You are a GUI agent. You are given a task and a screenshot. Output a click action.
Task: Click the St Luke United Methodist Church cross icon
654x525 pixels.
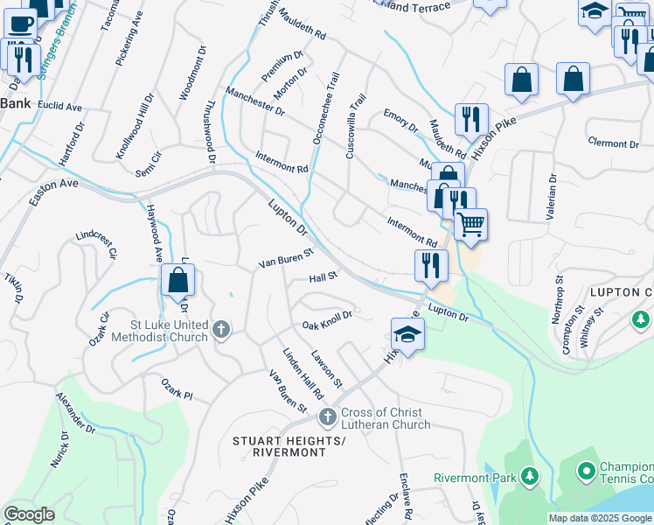coord(222,329)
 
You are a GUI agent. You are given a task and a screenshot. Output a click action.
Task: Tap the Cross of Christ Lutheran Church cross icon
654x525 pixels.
coord(328,416)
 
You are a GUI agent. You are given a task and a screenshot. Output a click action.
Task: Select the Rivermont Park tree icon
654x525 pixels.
coord(528,476)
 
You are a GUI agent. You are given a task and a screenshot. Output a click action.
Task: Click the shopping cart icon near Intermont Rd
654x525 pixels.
coord(470,225)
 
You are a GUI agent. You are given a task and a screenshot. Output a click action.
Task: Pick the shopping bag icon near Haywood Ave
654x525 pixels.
coord(178,281)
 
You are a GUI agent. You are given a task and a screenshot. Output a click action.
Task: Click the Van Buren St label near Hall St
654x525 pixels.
coord(286,260)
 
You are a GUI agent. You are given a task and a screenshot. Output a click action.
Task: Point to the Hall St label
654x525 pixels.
coord(323,277)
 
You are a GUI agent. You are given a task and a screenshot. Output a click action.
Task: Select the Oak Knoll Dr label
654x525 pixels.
coord(326,320)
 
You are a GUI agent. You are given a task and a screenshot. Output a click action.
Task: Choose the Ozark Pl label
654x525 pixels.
coord(176,389)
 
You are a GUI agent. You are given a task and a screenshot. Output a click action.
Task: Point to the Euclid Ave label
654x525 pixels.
coord(60,107)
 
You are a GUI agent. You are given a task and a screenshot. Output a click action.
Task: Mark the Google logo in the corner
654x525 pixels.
coord(29,514)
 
